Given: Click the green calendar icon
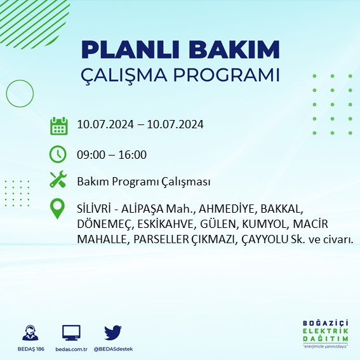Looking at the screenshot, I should click(58, 125).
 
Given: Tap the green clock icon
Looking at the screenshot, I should click(58, 154).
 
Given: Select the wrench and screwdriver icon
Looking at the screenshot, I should click(58, 181).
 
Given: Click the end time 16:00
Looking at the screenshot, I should click(133, 154).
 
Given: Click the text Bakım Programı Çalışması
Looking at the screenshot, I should click(143, 182).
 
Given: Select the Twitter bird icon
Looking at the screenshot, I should click(113, 332).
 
